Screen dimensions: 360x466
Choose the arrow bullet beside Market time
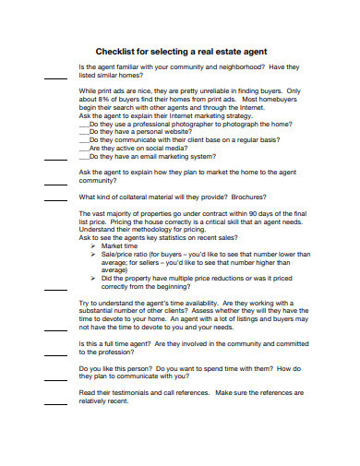click(94, 246)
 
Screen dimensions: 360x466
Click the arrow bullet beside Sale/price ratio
click(94, 255)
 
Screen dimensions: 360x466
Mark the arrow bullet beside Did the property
click(94, 278)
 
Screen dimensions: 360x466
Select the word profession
click(124, 352)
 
